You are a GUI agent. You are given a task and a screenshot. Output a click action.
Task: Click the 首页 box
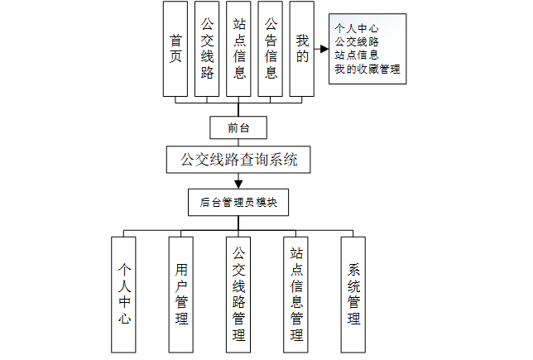(175, 49)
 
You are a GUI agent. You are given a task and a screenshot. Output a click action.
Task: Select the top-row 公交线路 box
(207, 49)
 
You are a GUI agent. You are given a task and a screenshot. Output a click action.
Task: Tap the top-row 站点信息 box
(239, 49)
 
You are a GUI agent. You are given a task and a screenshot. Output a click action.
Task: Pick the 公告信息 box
(271, 49)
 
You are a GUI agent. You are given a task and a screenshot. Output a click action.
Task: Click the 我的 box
(302, 49)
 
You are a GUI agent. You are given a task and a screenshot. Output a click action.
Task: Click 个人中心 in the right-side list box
(357, 27)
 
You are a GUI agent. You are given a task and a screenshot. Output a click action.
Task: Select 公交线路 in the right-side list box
(357, 41)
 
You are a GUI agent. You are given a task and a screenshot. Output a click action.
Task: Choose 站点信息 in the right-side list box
(357, 55)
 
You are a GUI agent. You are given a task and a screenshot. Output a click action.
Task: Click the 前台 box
(238, 127)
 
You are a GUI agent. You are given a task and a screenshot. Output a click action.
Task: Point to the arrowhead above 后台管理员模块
(238, 183)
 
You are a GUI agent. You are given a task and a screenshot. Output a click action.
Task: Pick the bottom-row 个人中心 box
(124, 294)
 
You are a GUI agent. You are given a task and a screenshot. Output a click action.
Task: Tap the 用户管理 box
(181, 294)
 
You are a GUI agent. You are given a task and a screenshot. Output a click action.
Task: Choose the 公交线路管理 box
(239, 294)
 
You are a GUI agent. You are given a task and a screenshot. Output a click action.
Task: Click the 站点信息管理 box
(296, 294)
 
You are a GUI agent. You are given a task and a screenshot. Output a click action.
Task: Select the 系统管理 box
(353, 294)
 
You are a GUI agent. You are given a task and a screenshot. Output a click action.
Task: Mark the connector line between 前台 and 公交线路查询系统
(238, 142)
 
